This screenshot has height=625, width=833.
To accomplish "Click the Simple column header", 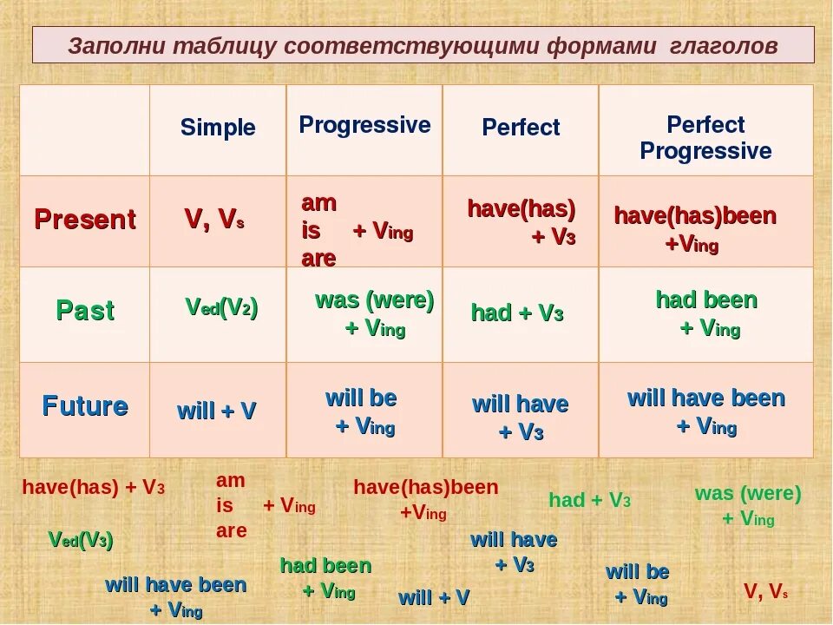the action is pyautogui.click(x=218, y=128).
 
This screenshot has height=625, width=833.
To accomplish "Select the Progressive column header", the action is pyautogui.click(x=364, y=125).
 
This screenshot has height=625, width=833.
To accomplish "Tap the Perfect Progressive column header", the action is pyautogui.click(x=705, y=138).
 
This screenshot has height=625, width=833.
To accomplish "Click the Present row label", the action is pyautogui.click(x=85, y=219).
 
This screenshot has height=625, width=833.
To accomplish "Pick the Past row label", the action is pyautogui.click(x=85, y=311).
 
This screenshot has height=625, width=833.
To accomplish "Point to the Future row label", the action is pyautogui.click(x=85, y=406).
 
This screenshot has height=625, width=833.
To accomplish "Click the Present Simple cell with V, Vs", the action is pyautogui.click(x=214, y=219).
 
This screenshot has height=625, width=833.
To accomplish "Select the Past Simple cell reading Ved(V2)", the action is pyautogui.click(x=221, y=307).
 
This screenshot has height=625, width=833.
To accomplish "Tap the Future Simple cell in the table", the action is pyautogui.click(x=216, y=411).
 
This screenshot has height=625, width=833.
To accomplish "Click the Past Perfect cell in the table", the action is pyautogui.click(x=517, y=312).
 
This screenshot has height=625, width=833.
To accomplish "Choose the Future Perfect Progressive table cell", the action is pyautogui.click(x=706, y=411).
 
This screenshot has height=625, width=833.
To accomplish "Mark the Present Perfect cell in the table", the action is pyautogui.click(x=521, y=222).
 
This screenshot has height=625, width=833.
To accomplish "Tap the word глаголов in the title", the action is pyautogui.click(x=724, y=46).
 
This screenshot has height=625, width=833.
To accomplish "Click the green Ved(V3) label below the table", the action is pyautogui.click(x=81, y=540).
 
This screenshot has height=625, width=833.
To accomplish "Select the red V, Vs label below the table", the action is pyautogui.click(x=765, y=591).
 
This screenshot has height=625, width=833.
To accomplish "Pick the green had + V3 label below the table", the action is pyautogui.click(x=590, y=500).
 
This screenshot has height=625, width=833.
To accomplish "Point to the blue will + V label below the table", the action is pyautogui.click(x=434, y=597).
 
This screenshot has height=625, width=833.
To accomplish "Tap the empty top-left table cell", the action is pyautogui.click(x=85, y=130).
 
